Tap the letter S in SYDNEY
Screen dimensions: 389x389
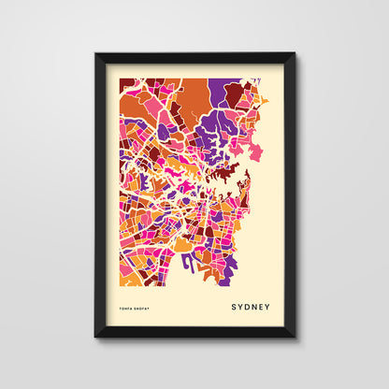[x=234, y=306]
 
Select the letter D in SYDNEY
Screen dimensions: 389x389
[x=247, y=306]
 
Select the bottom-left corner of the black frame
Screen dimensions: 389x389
[x=95, y=337]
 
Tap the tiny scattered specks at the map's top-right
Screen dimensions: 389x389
[x=266, y=99]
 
